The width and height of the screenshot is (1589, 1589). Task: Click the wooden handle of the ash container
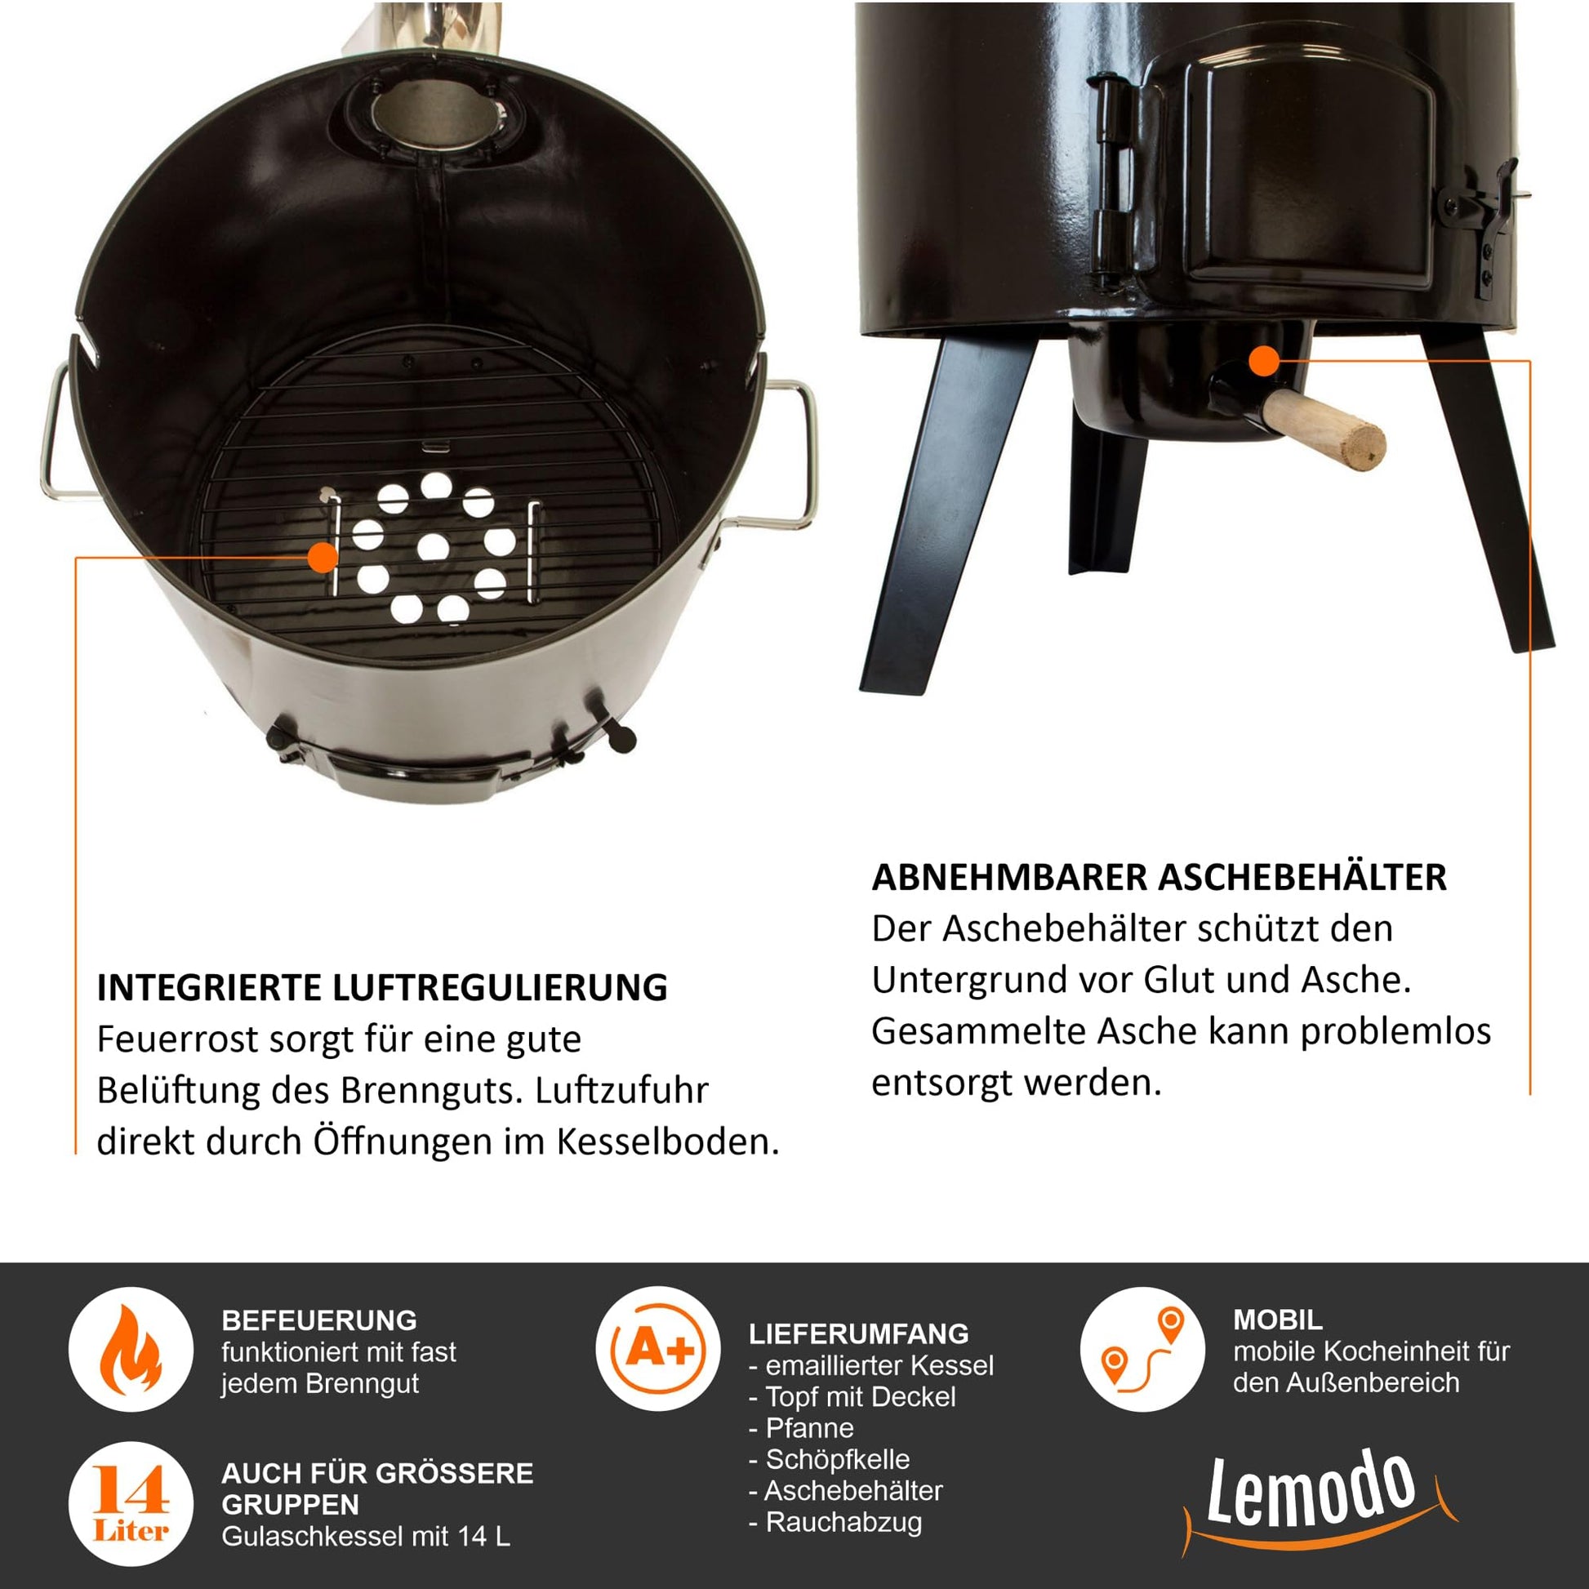pyautogui.click(x=1324, y=429)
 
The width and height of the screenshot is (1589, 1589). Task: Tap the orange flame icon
pyautogui.click(x=130, y=1351)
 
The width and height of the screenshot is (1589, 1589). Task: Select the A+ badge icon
pyautogui.click(x=657, y=1349)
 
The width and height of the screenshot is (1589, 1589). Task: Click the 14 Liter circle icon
pyautogui.click(x=130, y=1504)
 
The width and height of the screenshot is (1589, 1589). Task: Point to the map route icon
pyautogui.click(x=1142, y=1349)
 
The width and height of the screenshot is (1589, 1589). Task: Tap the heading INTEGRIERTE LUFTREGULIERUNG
pyautogui.click(x=382, y=988)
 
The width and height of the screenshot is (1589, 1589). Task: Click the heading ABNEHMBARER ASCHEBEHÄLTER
pyautogui.click(x=1159, y=878)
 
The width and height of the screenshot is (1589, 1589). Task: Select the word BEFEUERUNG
pyautogui.click(x=319, y=1320)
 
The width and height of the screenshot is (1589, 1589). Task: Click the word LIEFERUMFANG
pyautogui.click(x=859, y=1333)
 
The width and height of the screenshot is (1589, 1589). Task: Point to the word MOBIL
pyautogui.click(x=1278, y=1320)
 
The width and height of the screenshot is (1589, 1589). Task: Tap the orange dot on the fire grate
pyautogui.click(x=323, y=558)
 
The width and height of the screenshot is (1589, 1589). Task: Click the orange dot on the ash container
pyautogui.click(x=1264, y=360)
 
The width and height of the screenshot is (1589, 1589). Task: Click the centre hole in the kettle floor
pyautogui.click(x=433, y=546)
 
